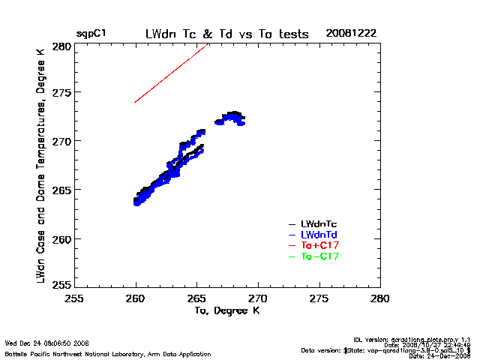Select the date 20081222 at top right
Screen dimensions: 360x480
[x=351, y=34]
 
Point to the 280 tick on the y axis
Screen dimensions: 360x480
[x=61, y=46]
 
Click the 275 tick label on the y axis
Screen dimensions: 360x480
[x=61, y=94]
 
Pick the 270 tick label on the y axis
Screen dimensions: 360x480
[x=61, y=142]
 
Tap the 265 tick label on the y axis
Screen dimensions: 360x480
[x=61, y=190]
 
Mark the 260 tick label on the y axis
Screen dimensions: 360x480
[x=61, y=238]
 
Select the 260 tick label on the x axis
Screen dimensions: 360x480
[x=136, y=298]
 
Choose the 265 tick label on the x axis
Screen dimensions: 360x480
[x=196, y=298]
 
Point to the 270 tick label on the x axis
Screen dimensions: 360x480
[x=258, y=298]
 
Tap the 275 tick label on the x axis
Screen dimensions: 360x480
[x=319, y=298]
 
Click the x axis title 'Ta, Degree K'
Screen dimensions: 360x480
[x=227, y=310]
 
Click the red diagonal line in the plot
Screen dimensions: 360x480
[x=171, y=73]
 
